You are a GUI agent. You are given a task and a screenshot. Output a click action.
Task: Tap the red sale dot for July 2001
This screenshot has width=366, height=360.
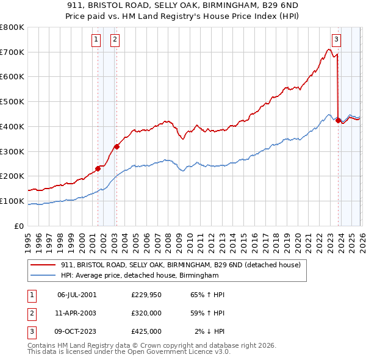point(98,168)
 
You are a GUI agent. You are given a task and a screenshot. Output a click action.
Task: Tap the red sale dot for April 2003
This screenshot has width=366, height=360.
point(117,146)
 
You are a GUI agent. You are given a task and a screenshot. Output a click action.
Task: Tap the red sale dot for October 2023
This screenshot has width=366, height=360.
point(339,120)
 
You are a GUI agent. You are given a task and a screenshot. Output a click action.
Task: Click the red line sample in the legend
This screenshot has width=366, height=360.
point(43,265)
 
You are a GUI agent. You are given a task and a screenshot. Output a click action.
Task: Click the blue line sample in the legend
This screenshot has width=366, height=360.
point(43,276)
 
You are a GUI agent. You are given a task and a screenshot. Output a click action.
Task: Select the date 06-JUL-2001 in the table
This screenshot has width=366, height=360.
point(77,295)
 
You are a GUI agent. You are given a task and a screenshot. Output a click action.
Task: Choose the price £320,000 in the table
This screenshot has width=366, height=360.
point(146,313)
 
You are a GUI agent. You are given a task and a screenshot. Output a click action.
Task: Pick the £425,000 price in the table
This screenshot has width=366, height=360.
point(146,331)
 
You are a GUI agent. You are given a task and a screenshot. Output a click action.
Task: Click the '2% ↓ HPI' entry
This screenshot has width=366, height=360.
point(210,331)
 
